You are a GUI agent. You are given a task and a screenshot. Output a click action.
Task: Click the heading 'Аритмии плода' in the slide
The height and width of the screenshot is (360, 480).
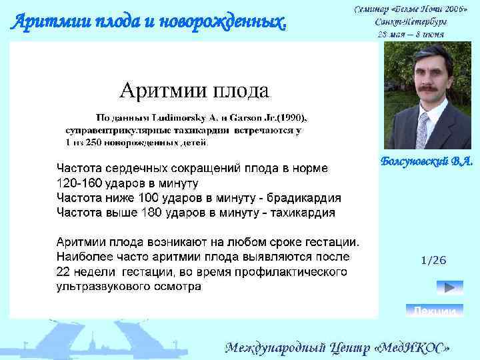(194, 89)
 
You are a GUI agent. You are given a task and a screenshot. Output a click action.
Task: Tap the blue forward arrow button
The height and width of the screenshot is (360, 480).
(449, 287)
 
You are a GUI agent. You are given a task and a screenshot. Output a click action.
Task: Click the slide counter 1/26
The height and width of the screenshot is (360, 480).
(433, 260)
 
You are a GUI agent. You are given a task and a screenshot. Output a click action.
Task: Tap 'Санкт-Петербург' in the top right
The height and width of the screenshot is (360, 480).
(410, 21)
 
